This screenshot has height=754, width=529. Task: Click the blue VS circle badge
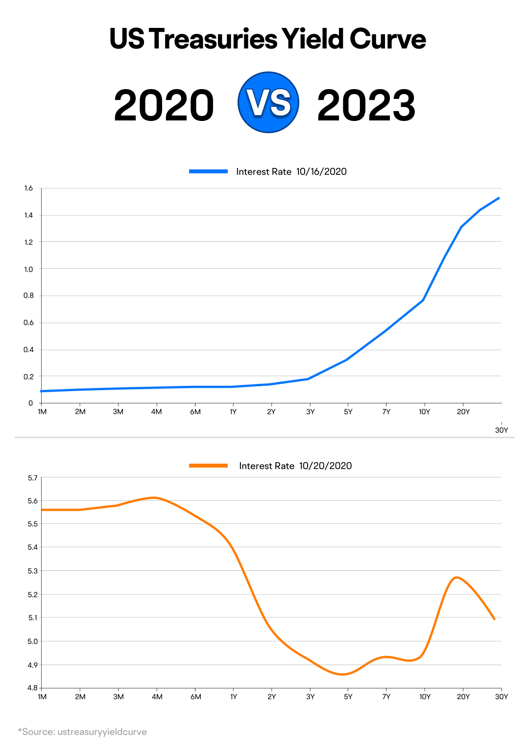[x=268, y=102]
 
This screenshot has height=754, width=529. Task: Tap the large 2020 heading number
[x=164, y=106]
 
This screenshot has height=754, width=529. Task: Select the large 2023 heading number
[x=366, y=106]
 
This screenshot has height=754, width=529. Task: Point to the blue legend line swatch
[x=209, y=171]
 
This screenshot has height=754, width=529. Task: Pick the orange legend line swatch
[x=209, y=466]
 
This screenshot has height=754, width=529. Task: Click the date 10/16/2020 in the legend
[x=321, y=172]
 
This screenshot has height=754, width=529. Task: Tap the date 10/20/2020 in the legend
[x=325, y=466]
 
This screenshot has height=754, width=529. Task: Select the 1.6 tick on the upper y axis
[x=28, y=188]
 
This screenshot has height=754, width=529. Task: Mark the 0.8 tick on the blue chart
[x=28, y=295]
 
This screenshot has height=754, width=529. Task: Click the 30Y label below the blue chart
[x=502, y=430]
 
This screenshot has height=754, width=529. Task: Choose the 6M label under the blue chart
[x=195, y=412]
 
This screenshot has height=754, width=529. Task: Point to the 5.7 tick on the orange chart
[x=32, y=478]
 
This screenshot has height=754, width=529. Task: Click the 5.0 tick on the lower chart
[x=32, y=641]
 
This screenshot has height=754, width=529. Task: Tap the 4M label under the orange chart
[x=157, y=697]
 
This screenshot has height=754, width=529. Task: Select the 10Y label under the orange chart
[x=425, y=697]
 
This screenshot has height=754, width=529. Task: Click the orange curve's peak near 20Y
[x=457, y=577]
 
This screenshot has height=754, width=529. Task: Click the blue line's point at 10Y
[x=423, y=300]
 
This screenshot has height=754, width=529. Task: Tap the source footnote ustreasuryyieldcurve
[x=102, y=732]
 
